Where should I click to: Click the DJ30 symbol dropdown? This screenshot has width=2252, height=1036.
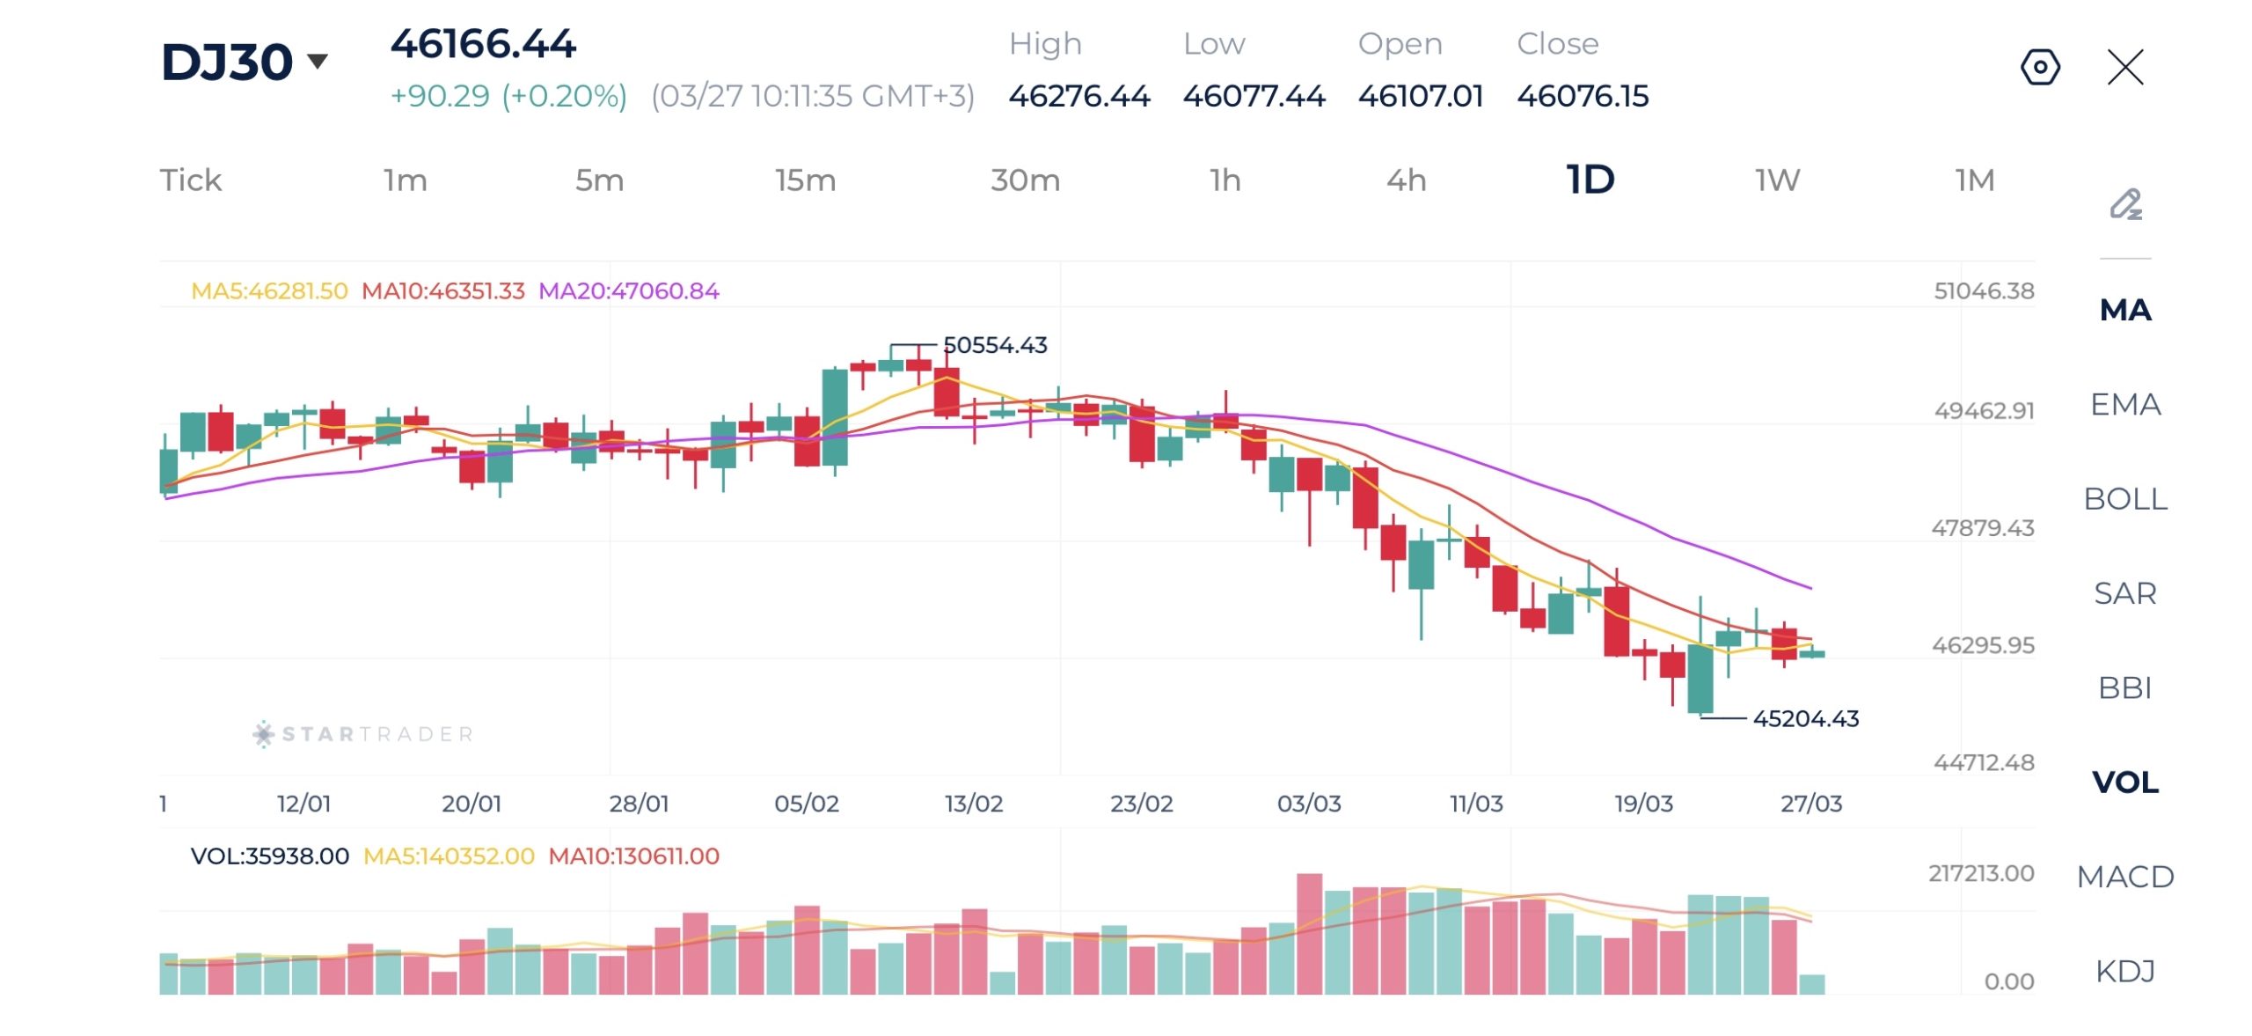(244, 62)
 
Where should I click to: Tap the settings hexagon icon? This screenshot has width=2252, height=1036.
(2040, 67)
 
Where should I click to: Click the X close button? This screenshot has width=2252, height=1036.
(2125, 67)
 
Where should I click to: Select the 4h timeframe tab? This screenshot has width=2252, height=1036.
(1406, 180)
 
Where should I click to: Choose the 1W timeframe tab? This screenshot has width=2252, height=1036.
(1777, 180)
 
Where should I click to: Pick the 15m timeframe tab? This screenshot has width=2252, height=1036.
(805, 180)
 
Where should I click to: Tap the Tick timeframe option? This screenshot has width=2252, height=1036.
(190, 180)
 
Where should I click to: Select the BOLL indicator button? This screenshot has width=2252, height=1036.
(2124, 499)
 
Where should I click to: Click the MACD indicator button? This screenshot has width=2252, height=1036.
(2124, 877)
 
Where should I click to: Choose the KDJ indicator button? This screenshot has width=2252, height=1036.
(2124, 971)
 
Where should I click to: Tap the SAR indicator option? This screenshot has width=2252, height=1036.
(2124, 593)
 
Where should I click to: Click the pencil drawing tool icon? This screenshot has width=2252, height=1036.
(2125, 204)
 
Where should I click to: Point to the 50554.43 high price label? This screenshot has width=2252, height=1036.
(995, 345)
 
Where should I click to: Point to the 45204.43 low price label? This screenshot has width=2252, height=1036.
(1805, 719)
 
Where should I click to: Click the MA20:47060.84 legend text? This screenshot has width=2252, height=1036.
(628, 291)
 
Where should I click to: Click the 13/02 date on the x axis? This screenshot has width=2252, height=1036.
(973, 804)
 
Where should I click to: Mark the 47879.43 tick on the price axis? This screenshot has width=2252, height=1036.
(1982, 528)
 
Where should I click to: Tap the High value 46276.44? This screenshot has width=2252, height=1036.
(1078, 96)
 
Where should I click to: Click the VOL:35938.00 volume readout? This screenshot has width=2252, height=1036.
(269, 856)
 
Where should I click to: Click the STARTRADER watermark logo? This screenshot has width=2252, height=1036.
(363, 734)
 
